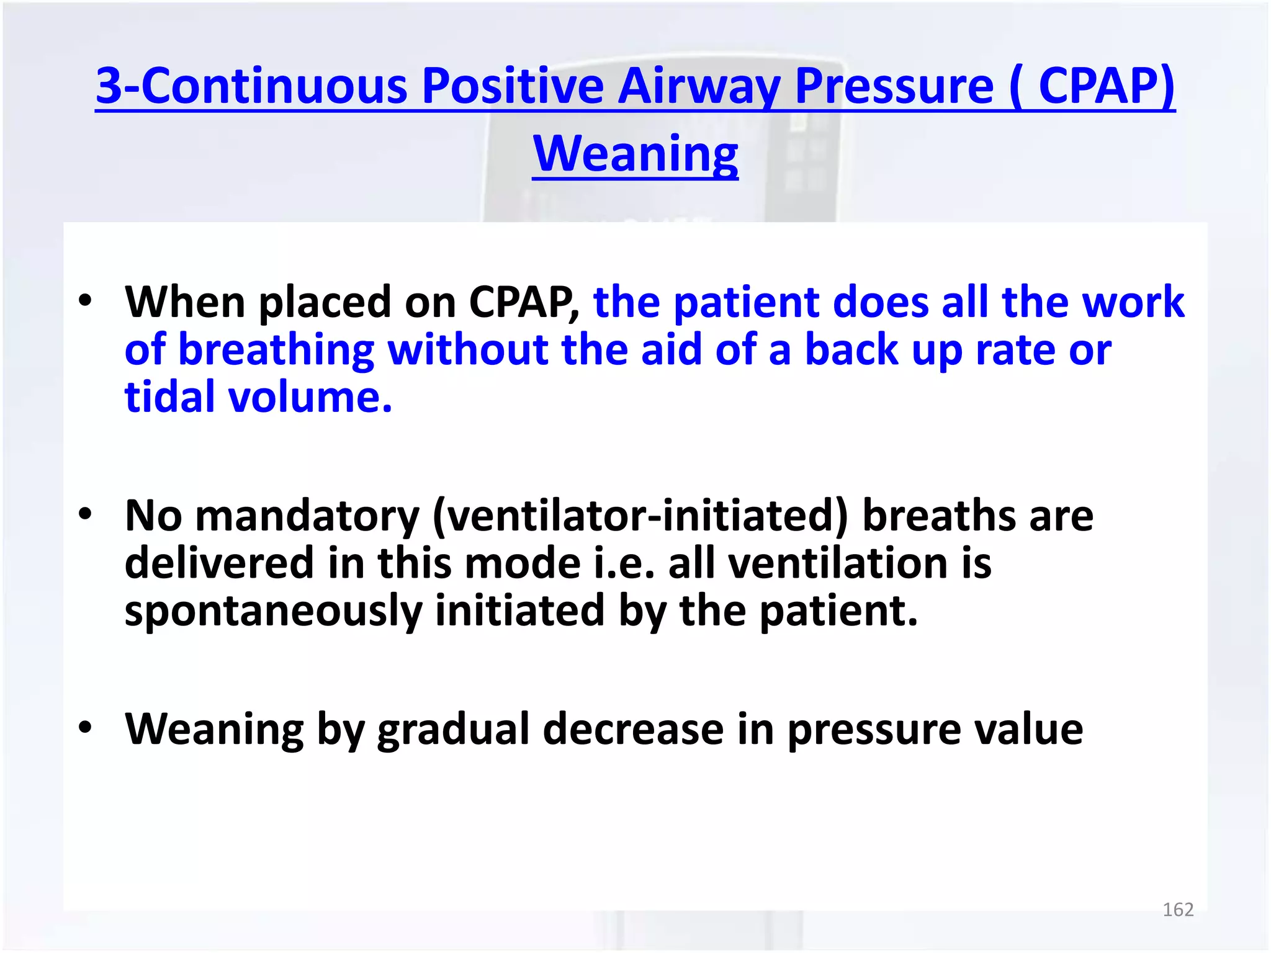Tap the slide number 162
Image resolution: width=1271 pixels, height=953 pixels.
coord(1177,910)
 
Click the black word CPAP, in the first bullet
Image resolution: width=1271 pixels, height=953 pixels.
coord(523,302)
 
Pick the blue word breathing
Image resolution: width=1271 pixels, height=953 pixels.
coord(276,350)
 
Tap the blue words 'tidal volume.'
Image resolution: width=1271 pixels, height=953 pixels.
coord(258,397)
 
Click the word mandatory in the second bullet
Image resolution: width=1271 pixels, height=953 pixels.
coord(307,516)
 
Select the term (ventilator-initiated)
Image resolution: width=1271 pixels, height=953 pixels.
coord(640,516)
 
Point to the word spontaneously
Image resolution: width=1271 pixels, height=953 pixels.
coord(272,611)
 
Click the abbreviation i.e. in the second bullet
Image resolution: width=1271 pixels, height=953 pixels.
coord(624,563)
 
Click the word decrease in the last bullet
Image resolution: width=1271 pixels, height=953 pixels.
coord(633,729)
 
